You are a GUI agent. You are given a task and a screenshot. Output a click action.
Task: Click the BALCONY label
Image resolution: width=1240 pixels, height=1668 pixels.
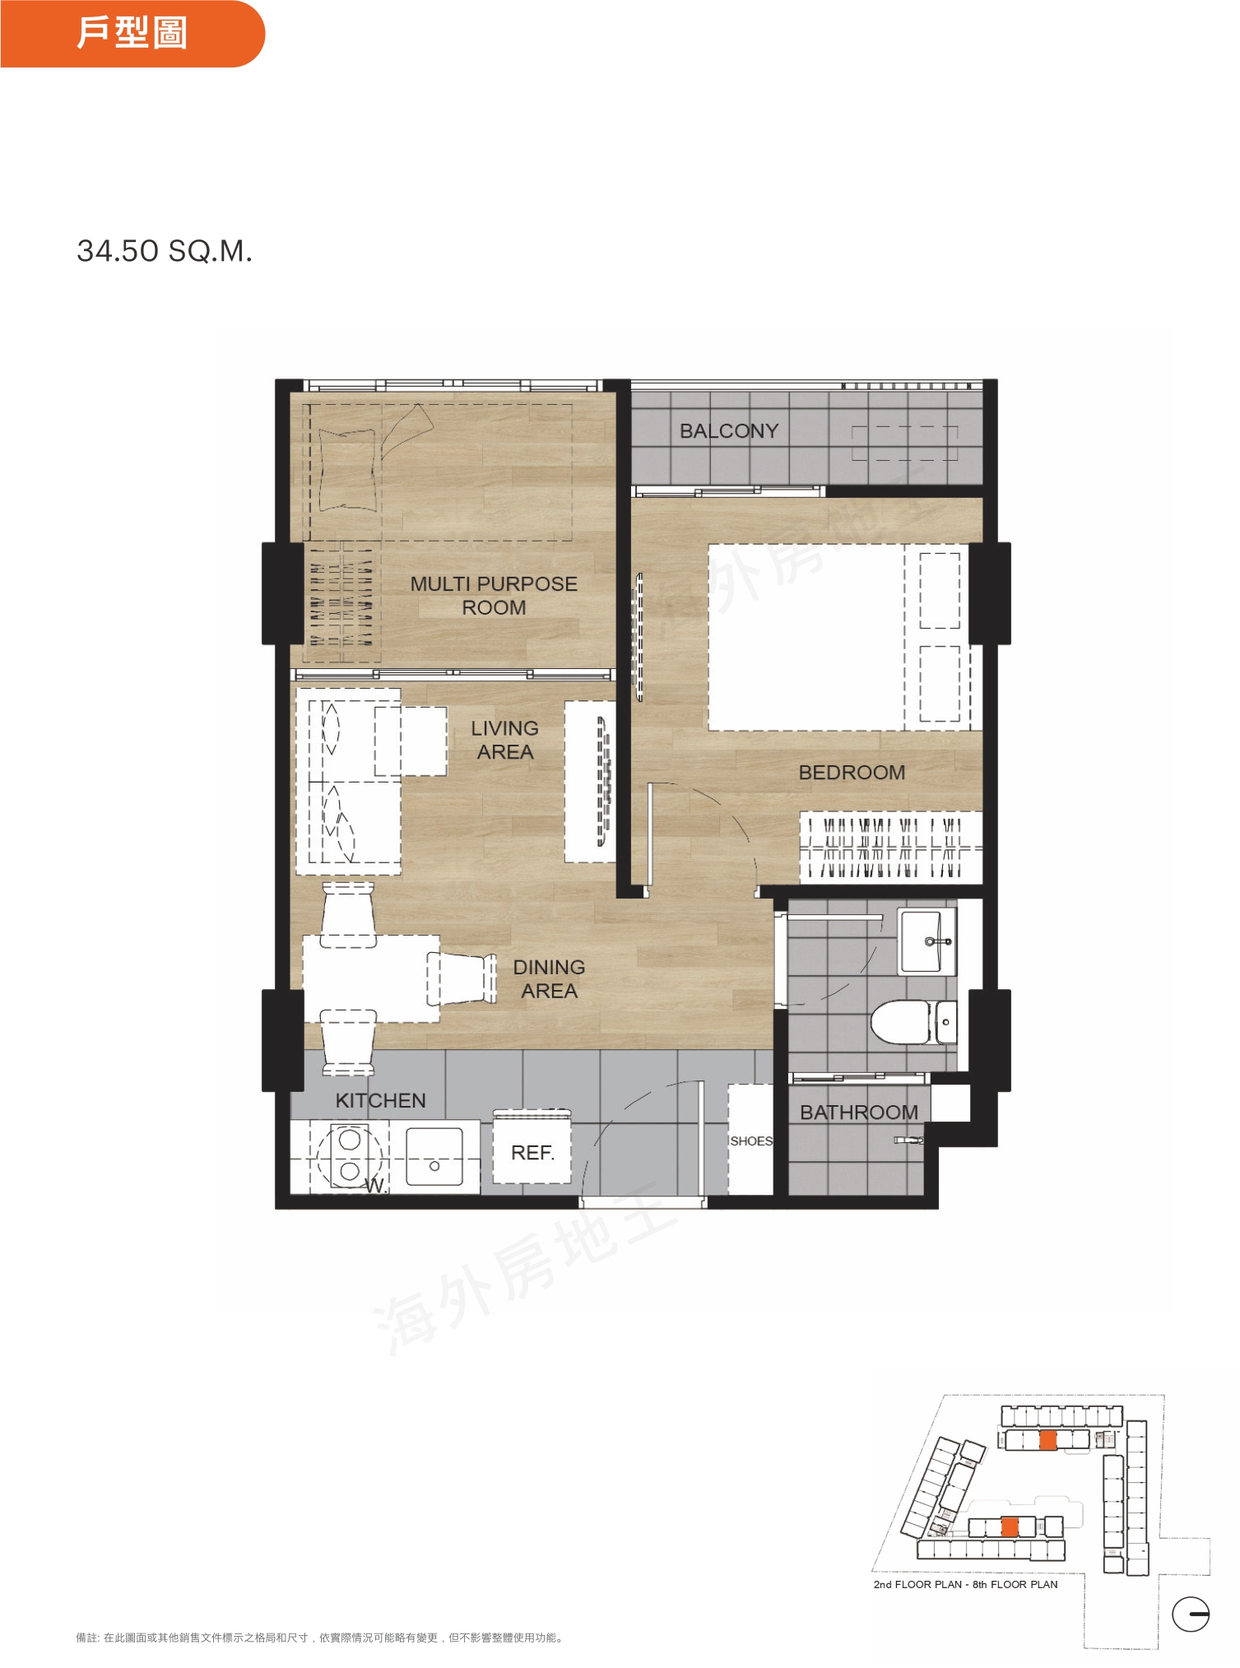click(x=729, y=431)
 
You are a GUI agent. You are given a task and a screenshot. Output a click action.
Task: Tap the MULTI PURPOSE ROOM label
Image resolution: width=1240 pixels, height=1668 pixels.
click(x=494, y=596)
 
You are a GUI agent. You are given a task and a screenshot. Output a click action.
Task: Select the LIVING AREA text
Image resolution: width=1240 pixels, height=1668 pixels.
click(x=505, y=740)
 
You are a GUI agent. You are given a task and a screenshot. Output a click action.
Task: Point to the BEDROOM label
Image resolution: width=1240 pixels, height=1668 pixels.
click(x=852, y=773)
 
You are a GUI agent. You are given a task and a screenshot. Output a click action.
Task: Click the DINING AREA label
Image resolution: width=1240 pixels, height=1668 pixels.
click(x=549, y=979)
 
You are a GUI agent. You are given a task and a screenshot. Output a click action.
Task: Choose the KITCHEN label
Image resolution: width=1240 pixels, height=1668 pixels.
click(x=380, y=1101)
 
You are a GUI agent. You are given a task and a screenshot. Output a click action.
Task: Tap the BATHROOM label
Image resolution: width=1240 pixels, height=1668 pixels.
click(x=859, y=1113)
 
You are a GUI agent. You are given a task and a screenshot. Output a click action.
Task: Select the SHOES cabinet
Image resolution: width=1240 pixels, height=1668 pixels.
click(x=750, y=1140)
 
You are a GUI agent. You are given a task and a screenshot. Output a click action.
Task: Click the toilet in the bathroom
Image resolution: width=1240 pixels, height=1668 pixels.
click(x=913, y=1022)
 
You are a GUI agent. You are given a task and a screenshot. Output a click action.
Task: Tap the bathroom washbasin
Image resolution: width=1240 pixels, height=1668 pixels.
click(x=927, y=941)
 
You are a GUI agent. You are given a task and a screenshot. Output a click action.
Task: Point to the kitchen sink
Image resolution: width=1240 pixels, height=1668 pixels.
click(x=434, y=1156)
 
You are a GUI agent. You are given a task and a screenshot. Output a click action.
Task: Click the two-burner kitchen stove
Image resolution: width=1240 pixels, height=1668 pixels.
click(x=350, y=1155)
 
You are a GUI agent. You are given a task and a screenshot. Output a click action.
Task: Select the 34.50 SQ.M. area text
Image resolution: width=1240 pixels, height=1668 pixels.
click(x=165, y=251)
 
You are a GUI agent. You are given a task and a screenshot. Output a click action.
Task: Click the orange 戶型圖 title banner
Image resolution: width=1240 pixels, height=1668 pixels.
click(x=132, y=34)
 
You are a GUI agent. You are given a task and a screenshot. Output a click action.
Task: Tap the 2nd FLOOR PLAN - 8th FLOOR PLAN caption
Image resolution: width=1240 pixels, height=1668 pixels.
click(x=965, y=1584)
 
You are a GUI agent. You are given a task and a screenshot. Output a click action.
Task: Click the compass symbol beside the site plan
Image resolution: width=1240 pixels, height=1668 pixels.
click(x=1191, y=1614)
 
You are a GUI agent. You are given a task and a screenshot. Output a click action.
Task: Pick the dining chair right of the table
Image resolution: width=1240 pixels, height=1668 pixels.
click(x=462, y=978)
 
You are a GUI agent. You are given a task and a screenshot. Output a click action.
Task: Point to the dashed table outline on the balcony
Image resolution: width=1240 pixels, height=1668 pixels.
click(x=904, y=444)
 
